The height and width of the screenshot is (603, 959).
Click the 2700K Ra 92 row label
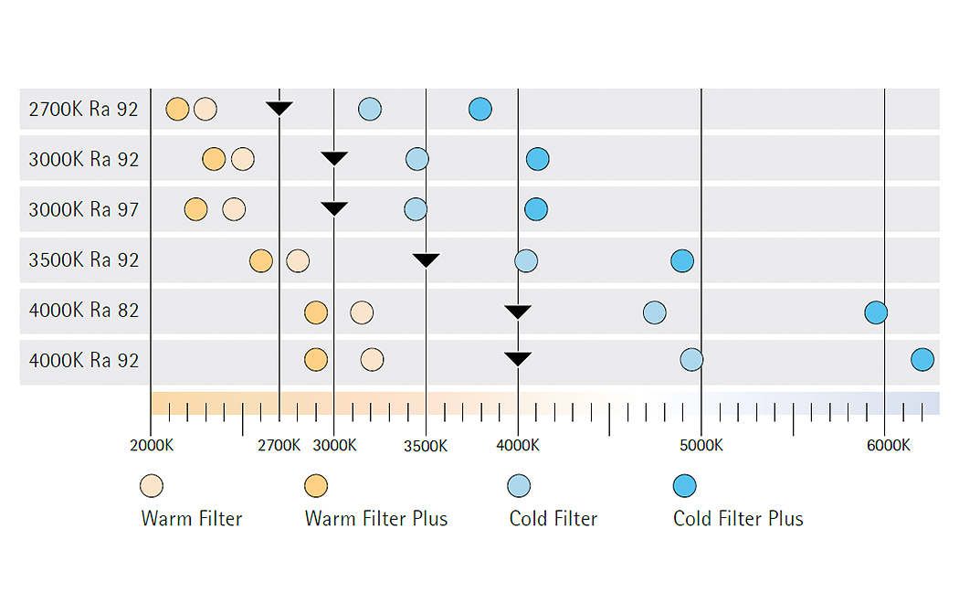pos(83,110)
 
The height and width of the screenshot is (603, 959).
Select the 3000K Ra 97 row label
pos(83,210)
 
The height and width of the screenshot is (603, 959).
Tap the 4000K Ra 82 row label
pos(83,311)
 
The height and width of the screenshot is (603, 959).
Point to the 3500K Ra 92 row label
pos(83,260)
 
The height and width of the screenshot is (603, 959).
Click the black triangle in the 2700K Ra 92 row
pos(279,109)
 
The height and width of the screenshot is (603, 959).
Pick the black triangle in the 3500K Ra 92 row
pos(426,259)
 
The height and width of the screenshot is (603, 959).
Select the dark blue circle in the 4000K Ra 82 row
pos(875,312)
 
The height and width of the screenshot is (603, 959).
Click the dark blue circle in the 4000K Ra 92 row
pos(922,360)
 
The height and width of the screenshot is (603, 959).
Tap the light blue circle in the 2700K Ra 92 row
pos(369,110)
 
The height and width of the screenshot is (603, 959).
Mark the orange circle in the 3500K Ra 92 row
pos(260,260)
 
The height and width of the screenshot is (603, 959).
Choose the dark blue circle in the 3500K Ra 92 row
pos(681,260)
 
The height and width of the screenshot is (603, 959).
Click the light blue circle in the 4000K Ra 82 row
pos(654,312)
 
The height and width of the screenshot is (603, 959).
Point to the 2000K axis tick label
pos(151,446)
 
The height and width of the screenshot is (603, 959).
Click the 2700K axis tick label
pos(279,446)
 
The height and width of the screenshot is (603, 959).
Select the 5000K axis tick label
pos(701,446)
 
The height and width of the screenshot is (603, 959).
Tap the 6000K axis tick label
pos(888,446)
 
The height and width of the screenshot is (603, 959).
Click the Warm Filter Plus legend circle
pos(316,485)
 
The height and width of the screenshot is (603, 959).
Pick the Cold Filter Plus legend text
pos(738,519)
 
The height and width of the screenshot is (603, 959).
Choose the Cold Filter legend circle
pos(518,485)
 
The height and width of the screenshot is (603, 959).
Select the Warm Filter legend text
pos(192,519)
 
